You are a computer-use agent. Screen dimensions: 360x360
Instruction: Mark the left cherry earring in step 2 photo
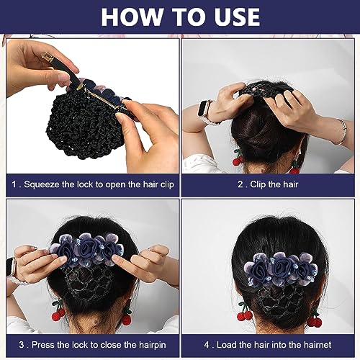[x=237, y=156]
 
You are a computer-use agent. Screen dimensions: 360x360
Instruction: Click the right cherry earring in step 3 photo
[x=127, y=318]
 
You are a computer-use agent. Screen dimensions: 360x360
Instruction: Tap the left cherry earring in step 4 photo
[x=243, y=315]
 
